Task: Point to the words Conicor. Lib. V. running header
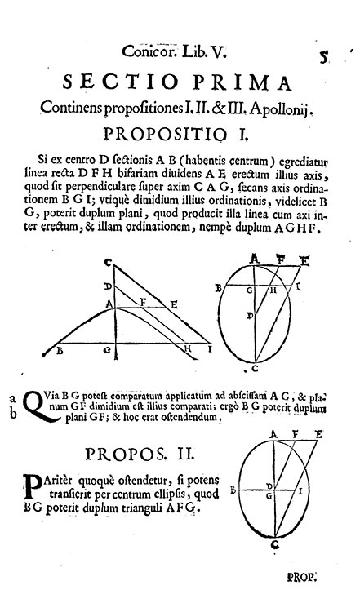tap(174, 51)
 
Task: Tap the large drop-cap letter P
tap(32, 486)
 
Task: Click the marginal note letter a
tap(13, 398)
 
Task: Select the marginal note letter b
tap(13, 414)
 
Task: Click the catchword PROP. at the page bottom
tap(301, 577)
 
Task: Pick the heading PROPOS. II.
tap(140, 455)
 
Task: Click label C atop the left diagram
tap(108, 264)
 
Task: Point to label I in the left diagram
tap(209, 349)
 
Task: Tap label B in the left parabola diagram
tap(60, 350)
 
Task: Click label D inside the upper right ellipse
tap(249, 315)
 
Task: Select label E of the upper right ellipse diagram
tap(304, 260)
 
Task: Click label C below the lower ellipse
tap(276, 545)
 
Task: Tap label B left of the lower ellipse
tap(233, 490)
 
